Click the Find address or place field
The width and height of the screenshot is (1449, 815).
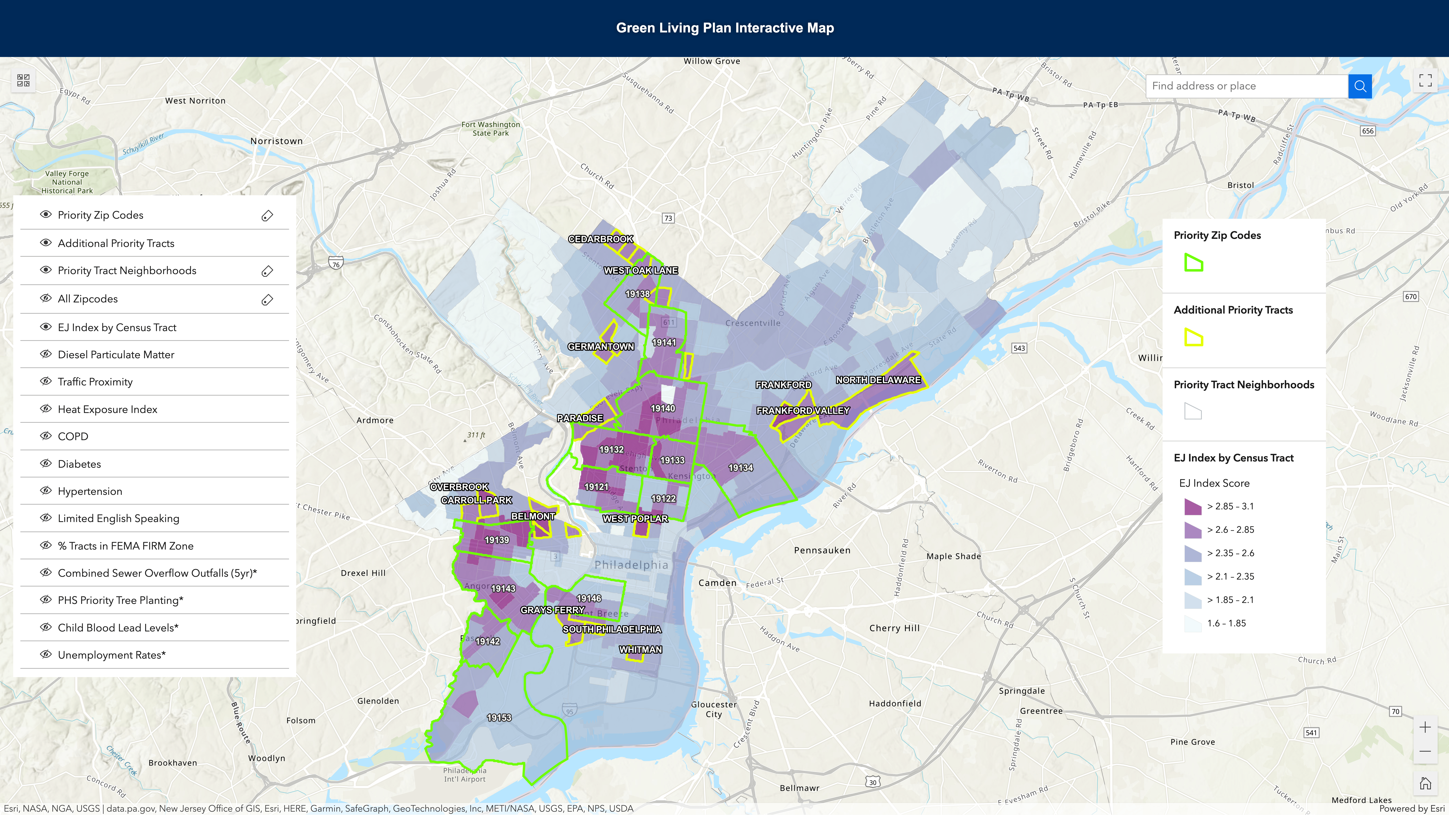pyautogui.click(x=1246, y=86)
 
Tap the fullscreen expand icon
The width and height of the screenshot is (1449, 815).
pyautogui.click(x=1425, y=80)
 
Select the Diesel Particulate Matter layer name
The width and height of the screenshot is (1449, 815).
pyautogui.click(x=116, y=354)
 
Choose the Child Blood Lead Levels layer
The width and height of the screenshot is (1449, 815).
pyautogui.click(x=118, y=628)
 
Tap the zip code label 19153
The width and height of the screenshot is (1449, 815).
pyautogui.click(x=499, y=718)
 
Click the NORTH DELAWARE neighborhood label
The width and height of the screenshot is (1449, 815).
pyautogui.click(x=878, y=380)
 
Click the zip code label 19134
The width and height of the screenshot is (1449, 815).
pyautogui.click(x=740, y=468)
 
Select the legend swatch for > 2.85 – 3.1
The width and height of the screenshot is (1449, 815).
pyautogui.click(x=1192, y=506)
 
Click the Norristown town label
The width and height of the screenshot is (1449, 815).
pyautogui.click(x=276, y=141)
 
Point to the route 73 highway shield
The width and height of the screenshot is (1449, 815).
pyautogui.click(x=668, y=218)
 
